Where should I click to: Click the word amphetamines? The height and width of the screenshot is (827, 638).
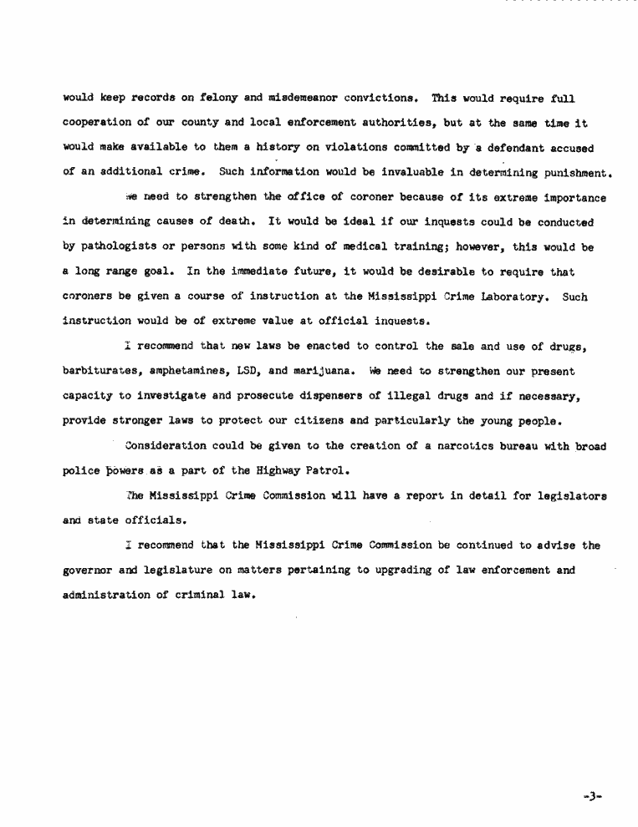[191, 371]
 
